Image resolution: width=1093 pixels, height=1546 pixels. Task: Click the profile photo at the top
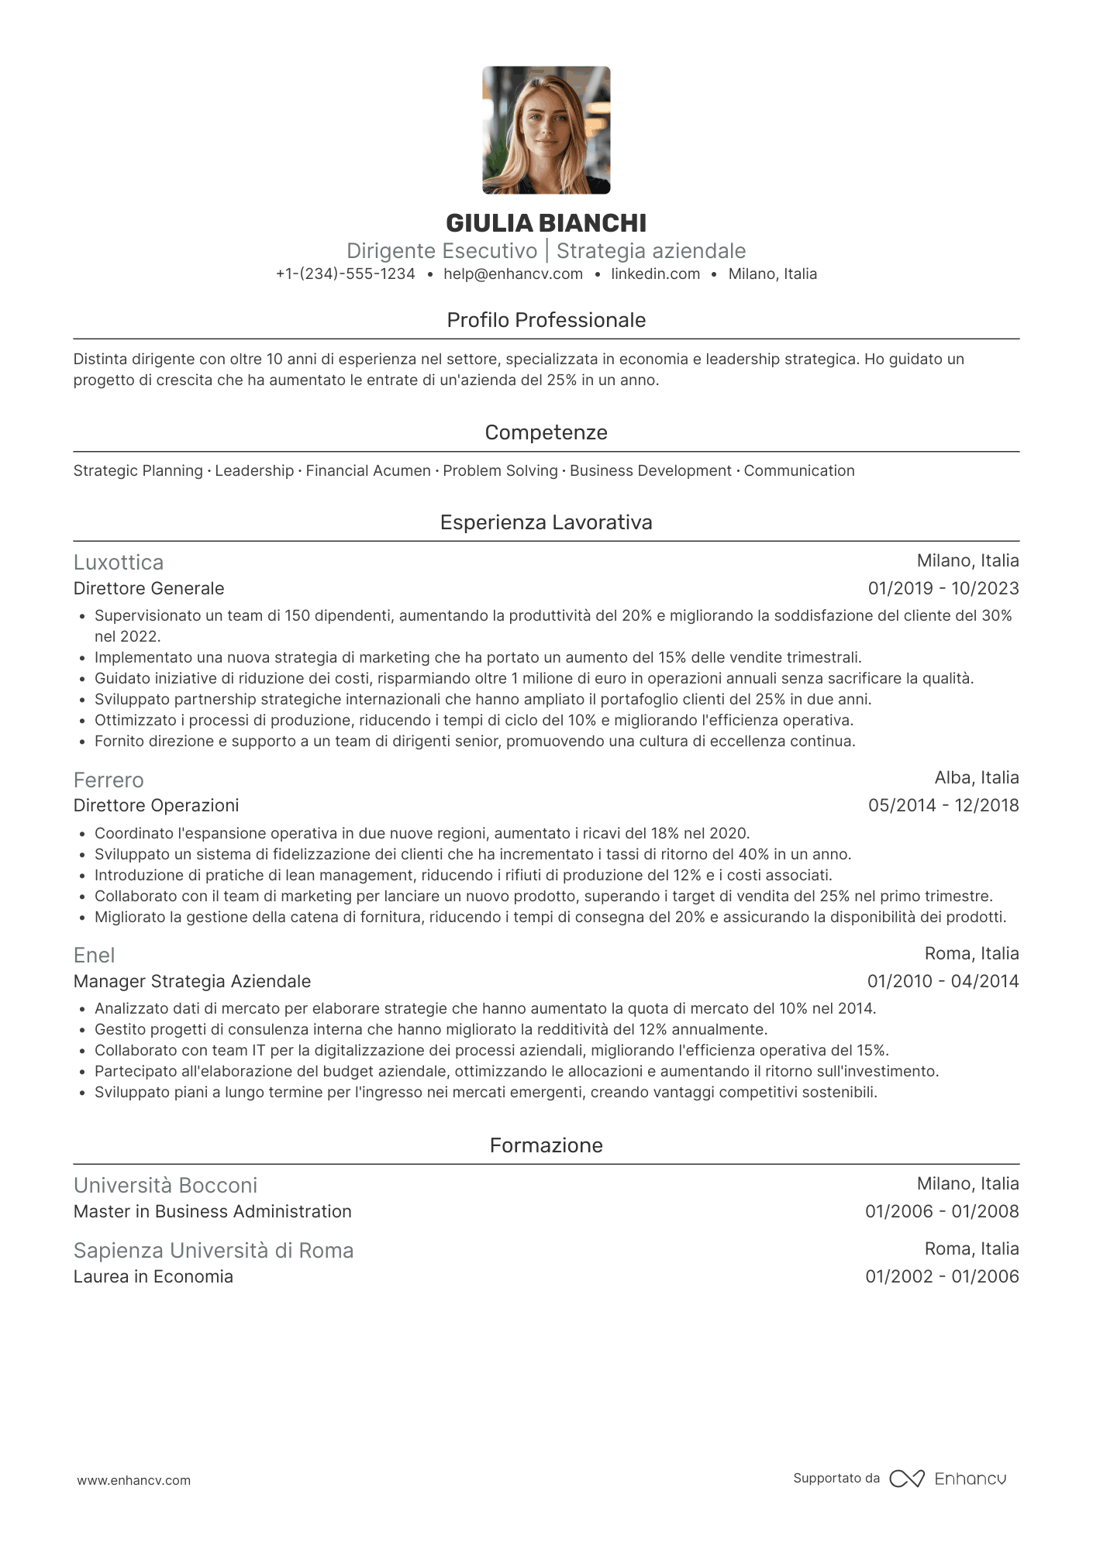(x=546, y=130)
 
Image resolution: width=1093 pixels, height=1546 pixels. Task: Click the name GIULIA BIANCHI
(x=546, y=223)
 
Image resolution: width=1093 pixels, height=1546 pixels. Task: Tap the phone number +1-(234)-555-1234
(x=345, y=274)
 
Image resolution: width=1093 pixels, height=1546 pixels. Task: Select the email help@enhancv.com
(x=513, y=274)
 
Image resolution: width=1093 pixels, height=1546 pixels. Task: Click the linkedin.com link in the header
(x=655, y=274)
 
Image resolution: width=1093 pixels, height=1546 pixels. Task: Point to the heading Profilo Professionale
(x=546, y=320)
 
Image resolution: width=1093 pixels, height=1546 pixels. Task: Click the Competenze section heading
(x=546, y=432)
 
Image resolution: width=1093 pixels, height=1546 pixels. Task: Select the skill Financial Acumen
(x=368, y=471)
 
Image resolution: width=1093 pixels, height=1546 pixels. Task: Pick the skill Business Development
(x=650, y=471)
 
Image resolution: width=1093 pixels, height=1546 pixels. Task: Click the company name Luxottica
(x=119, y=563)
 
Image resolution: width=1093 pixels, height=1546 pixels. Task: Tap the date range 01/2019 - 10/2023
(x=943, y=589)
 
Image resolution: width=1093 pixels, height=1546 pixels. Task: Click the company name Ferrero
(x=109, y=780)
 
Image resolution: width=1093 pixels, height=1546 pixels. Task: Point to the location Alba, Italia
(x=976, y=778)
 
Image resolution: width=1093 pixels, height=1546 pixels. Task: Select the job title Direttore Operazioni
(x=156, y=806)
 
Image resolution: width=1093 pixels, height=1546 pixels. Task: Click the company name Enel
(x=94, y=955)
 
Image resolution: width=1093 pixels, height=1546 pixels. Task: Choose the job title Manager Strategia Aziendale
(x=191, y=982)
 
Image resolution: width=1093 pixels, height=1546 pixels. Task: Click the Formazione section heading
(x=546, y=1145)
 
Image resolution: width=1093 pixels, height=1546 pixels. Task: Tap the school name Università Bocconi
(x=165, y=1186)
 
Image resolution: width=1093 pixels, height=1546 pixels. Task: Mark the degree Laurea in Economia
(x=153, y=1277)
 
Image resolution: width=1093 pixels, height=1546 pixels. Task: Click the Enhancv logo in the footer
(x=948, y=1479)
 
